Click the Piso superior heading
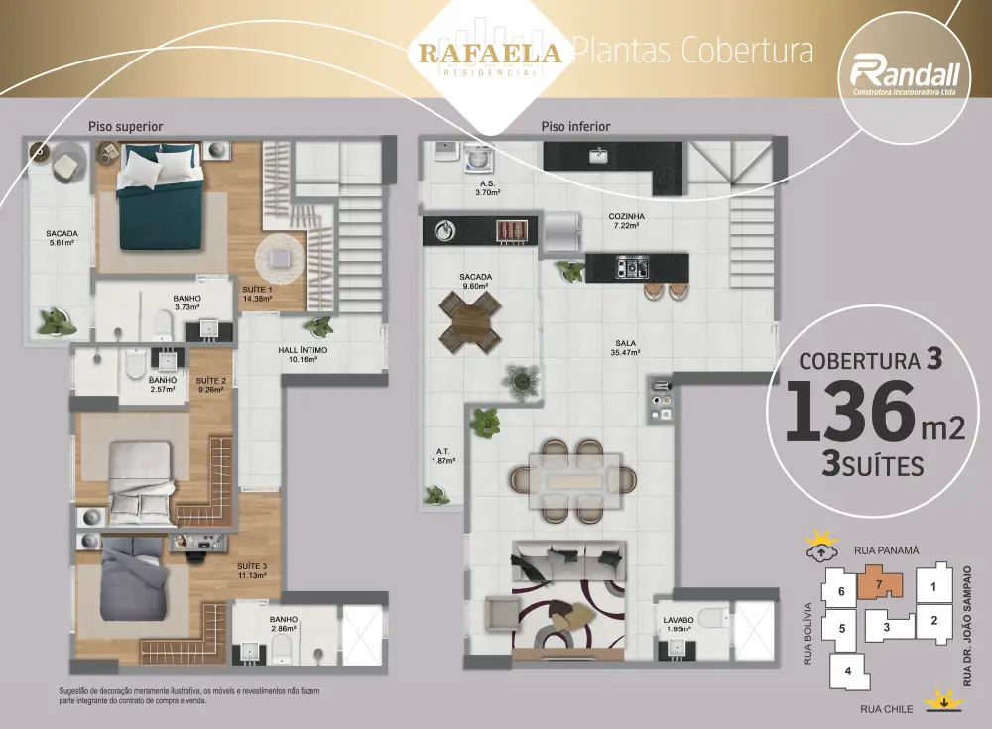[x=125, y=127]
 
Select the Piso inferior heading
[x=575, y=127]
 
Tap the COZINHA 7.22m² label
[x=626, y=221]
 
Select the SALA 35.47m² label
[x=625, y=348]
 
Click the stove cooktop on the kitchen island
[x=632, y=267]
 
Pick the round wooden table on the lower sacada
[x=470, y=320]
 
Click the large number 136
[x=851, y=412]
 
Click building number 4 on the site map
[x=848, y=670]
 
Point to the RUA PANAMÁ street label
[x=886, y=551]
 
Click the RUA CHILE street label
[x=886, y=709]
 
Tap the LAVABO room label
[x=679, y=620]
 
